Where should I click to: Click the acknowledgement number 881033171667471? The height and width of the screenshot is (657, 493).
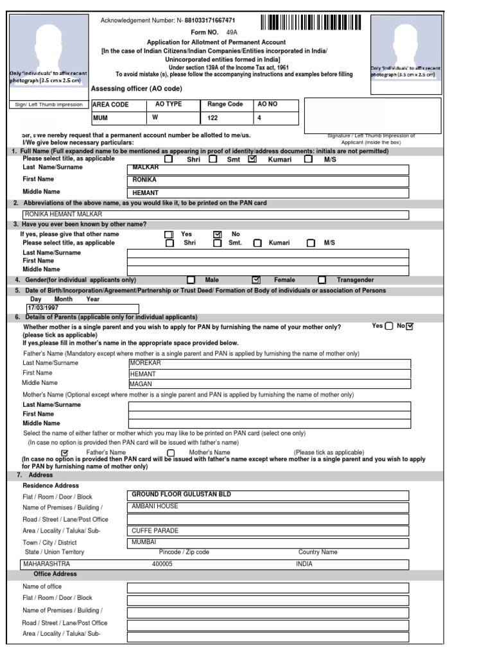point(210,21)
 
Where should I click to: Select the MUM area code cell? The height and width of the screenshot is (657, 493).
point(101,118)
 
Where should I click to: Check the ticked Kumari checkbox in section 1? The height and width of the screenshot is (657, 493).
point(252,159)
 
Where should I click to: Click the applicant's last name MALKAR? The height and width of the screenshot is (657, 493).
point(145,167)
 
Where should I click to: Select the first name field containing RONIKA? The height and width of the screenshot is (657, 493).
point(144,180)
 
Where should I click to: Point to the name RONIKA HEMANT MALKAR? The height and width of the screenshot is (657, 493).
point(64,214)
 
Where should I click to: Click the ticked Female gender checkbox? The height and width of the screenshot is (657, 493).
point(256,280)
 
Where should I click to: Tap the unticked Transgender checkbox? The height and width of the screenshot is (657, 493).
point(322,280)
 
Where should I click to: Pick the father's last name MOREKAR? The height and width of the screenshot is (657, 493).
point(145,363)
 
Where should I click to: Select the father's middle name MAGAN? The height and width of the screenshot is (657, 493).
point(141,384)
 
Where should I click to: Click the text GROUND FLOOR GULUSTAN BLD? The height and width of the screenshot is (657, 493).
point(181,495)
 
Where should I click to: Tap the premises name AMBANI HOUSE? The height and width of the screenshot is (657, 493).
point(155,506)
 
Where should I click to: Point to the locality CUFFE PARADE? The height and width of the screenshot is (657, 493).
point(155,531)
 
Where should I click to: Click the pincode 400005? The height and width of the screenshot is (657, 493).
point(162,564)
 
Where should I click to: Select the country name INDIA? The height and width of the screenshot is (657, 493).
point(304,564)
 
